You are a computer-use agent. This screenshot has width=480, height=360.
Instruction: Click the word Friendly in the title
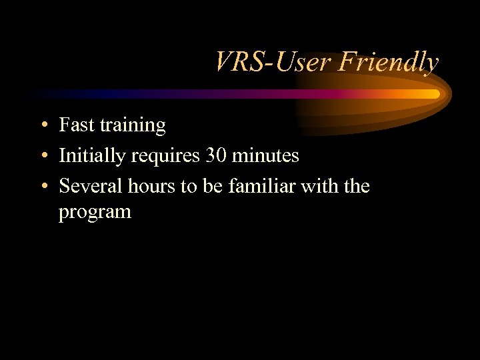point(388,62)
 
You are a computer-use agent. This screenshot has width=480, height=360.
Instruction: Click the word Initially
point(89,156)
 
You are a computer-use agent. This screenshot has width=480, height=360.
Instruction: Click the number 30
point(217,155)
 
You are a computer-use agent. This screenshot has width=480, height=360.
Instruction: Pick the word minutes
point(267,155)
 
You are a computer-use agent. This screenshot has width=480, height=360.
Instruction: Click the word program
point(95,213)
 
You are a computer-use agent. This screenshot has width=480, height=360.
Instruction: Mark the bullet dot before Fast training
point(42,125)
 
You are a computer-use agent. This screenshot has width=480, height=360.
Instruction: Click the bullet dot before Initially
point(42,156)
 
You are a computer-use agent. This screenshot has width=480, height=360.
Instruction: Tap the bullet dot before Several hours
point(42,187)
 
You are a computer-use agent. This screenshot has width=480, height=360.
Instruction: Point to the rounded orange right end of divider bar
point(435,94)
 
